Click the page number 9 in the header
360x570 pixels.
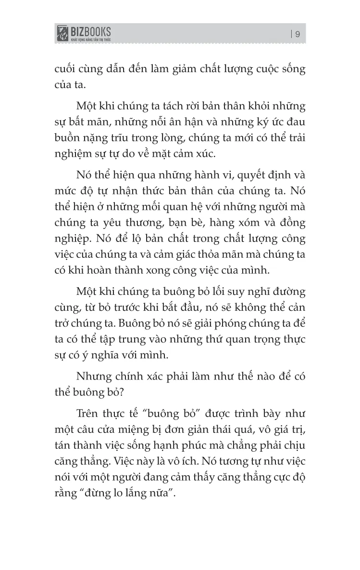click(298, 34)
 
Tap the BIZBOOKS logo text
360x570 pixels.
click(91, 31)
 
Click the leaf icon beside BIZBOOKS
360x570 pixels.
click(62, 34)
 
